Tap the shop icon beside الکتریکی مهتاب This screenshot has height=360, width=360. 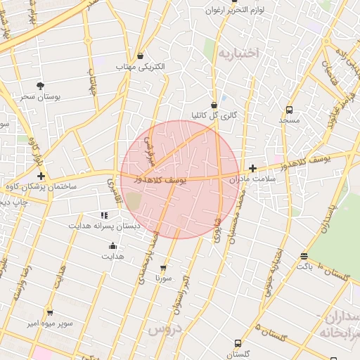[141, 56]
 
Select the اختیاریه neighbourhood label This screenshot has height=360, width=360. [238, 53]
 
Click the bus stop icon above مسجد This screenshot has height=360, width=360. [289, 110]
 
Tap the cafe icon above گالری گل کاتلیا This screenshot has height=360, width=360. [214, 105]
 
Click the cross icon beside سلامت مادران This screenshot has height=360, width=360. [252, 168]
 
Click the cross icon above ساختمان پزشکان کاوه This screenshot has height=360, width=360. [41, 176]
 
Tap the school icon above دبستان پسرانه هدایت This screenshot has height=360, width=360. [104, 215]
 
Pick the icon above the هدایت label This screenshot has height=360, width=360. [112, 245]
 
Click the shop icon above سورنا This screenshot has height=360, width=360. [164, 268]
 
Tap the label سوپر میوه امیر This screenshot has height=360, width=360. [49, 323]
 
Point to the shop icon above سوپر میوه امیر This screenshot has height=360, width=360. [49, 313]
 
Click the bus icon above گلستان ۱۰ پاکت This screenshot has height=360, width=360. [304, 257]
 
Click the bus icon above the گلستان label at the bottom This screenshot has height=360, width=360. [238, 344]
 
